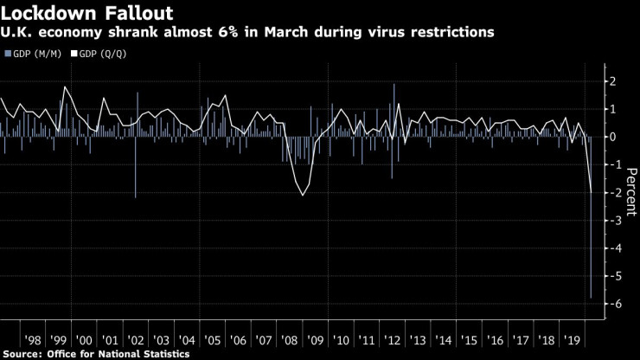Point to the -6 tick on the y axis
[612, 304]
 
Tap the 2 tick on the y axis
[612, 81]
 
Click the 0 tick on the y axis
[612, 137]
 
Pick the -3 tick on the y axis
[612, 221]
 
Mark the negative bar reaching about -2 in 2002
[136, 173]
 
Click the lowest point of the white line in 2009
[302, 195]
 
